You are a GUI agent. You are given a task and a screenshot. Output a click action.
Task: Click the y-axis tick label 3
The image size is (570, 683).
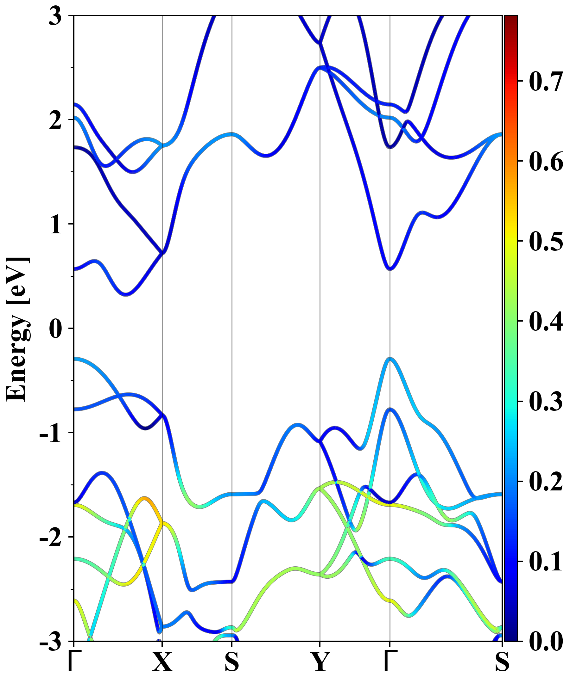(55, 16)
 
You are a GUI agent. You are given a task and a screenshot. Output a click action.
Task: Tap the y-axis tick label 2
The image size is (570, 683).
(55, 120)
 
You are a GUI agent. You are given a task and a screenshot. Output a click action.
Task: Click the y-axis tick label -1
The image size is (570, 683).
(50, 433)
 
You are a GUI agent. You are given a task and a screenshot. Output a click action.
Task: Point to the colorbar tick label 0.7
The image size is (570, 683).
(546, 81)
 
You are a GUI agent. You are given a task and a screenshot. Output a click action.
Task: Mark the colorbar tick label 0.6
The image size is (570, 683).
(546, 161)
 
